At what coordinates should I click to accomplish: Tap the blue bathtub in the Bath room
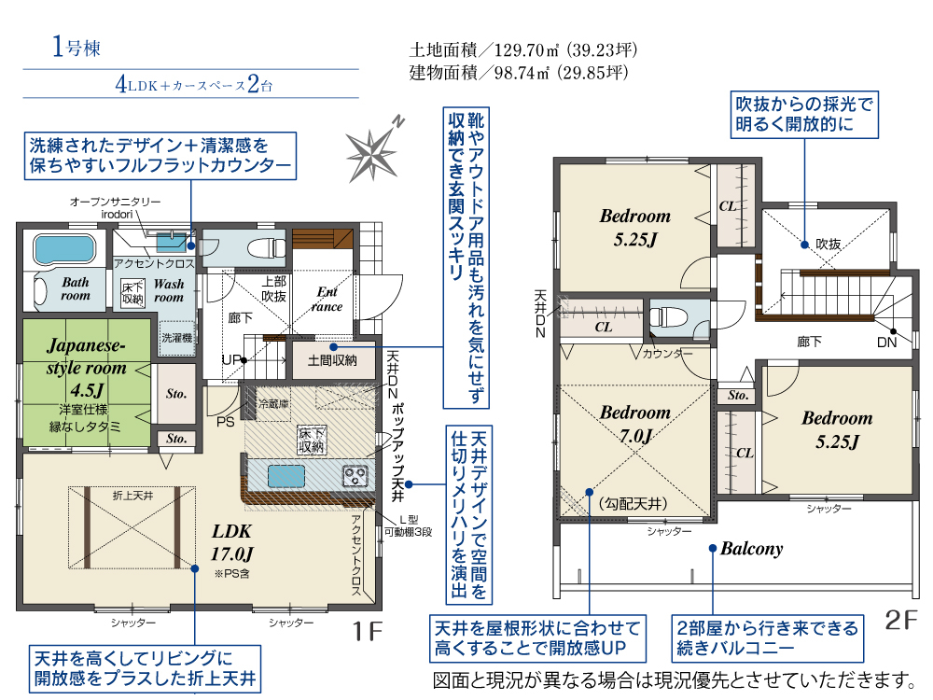click(x=64, y=249)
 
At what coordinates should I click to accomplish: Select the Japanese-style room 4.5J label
click(x=86, y=367)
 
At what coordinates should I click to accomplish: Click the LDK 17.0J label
click(x=232, y=542)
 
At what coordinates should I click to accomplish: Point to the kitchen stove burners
click(x=355, y=477)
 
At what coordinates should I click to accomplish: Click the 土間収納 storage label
click(x=332, y=360)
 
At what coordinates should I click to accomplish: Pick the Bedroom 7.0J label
click(x=634, y=424)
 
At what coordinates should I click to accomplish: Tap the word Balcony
click(x=751, y=549)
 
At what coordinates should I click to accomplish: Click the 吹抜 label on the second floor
click(x=829, y=244)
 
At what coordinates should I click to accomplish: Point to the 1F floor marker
click(x=367, y=631)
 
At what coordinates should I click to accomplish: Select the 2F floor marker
click(x=900, y=620)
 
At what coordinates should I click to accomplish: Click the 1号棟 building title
click(x=77, y=47)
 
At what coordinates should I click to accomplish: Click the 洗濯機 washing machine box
click(x=176, y=338)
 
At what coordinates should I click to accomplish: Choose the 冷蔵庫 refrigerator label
click(x=274, y=403)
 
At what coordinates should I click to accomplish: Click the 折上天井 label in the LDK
click(x=132, y=496)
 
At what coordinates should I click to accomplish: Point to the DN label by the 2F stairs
click(x=886, y=343)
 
